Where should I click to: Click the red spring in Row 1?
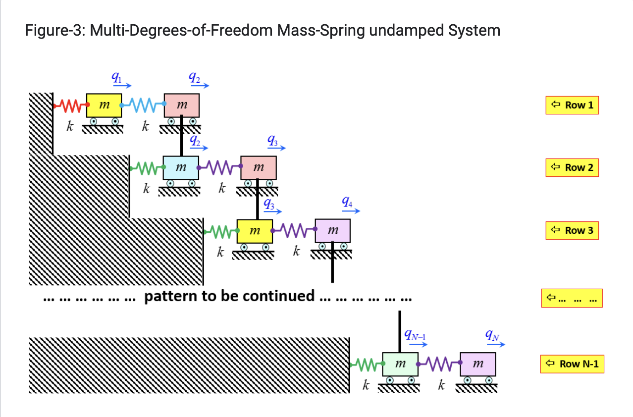pos(70,105)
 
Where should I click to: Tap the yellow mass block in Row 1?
pos(104,105)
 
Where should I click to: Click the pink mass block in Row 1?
pos(182,105)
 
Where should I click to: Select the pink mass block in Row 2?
pos(259,168)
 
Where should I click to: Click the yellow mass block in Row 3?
pos(255,231)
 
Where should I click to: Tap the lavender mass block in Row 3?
pos(333,231)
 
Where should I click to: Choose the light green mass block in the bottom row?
pos(400,365)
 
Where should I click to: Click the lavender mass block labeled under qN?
pos(478,365)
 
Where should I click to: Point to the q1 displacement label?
pos(115,77)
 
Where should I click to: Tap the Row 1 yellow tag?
pos(572,105)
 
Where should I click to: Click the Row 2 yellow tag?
pos(572,167)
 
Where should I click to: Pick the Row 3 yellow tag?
pos(572,230)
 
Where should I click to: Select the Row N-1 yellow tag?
pos(572,364)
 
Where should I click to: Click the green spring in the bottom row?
pos(366,365)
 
